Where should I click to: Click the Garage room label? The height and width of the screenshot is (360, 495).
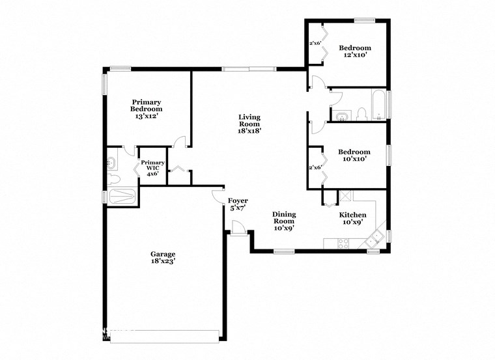click(x=162, y=257)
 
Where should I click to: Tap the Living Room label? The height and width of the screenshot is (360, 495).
click(x=249, y=123)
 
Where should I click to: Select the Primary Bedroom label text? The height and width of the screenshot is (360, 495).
click(x=147, y=109)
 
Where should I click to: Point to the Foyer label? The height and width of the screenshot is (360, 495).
click(x=238, y=204)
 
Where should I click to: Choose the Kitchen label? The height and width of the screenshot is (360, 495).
click(x=352, y=218)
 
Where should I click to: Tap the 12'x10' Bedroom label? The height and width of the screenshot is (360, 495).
click(x=354, y=51)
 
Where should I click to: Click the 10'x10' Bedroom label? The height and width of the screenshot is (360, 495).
click(x=354, y=156)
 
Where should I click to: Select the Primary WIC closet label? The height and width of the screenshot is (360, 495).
click(x=152, y=167)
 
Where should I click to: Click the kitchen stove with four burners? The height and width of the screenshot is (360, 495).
click(x=343, y=243)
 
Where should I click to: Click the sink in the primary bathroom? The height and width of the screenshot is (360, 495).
click(x=111, y=161)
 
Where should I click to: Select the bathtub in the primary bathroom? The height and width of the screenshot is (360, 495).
click(x=122, y=196)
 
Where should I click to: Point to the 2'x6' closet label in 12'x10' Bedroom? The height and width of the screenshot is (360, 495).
click(x=315, y=43)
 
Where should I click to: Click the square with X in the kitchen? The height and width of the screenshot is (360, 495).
click(x=345, y=196)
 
